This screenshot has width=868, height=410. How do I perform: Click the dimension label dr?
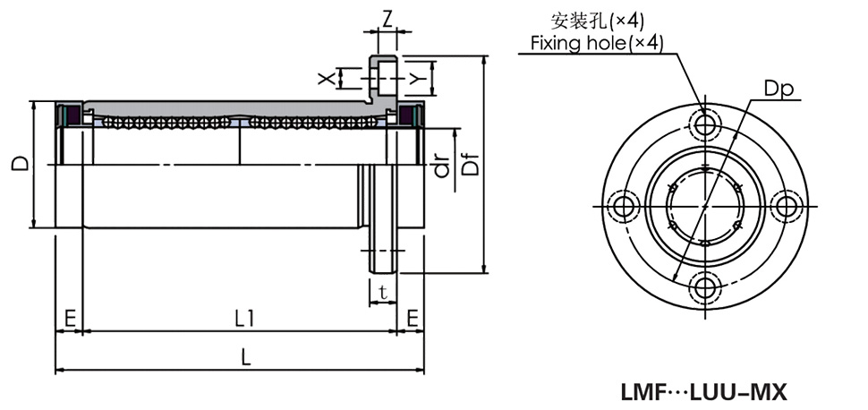pos(440,166)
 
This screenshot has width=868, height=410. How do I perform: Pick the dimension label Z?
pos(387,17)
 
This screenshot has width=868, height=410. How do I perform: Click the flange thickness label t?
pos(383,292)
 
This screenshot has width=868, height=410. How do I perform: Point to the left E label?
pos(69,317)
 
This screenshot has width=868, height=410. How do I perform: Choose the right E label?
pos(412,317)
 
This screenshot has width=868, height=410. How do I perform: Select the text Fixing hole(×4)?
pos(596,43)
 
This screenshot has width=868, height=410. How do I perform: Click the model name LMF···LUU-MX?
pos(702,392)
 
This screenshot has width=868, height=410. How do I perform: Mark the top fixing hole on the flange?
pos(705,122)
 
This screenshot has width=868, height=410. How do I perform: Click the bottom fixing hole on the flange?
pos(706,287)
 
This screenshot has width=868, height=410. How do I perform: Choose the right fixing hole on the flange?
pos(787,205)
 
